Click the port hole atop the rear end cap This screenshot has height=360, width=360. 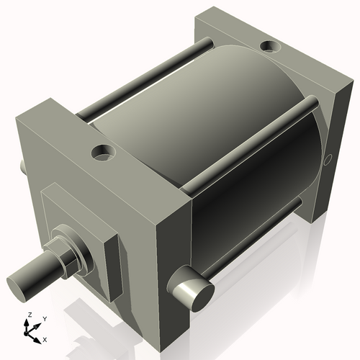coord(271,47)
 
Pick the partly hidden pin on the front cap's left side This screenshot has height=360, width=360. coord(22,166)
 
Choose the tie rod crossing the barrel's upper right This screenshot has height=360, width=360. coord(252,144)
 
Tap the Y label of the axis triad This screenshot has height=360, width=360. coord(45,318)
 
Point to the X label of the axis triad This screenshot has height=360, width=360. coord(45,338)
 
